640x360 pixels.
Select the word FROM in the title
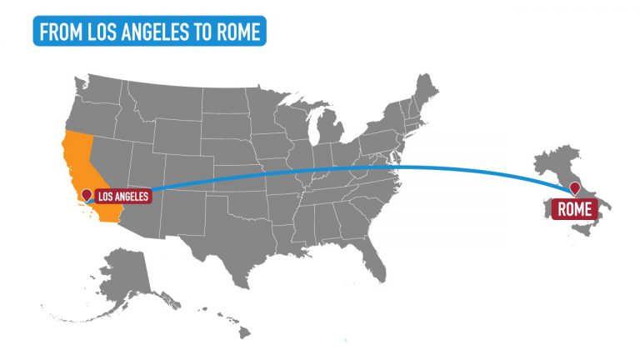pos(61,31)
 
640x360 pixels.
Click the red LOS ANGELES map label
pos(122,197)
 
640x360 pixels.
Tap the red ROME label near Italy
pos(573,209)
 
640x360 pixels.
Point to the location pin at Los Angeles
pos(86,196)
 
